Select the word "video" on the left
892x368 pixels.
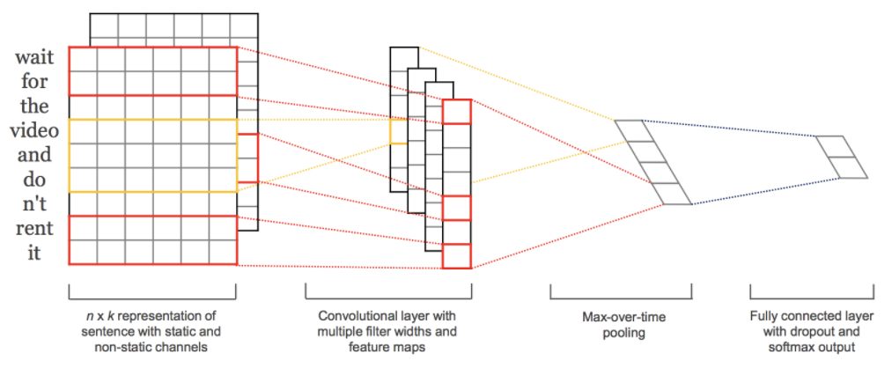(34, 130)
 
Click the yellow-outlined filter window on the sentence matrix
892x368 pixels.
(152, 155)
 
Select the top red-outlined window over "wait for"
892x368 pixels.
(152, 70)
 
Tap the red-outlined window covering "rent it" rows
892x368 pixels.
(152, 239)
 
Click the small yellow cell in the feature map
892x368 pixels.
(398, 130)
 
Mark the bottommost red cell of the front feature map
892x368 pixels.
(457, 255)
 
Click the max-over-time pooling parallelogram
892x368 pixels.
(652, 162)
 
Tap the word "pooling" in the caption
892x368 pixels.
(621, 333)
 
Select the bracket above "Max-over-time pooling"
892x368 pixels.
(620, 291)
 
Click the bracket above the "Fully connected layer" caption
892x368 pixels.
(811, 291)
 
